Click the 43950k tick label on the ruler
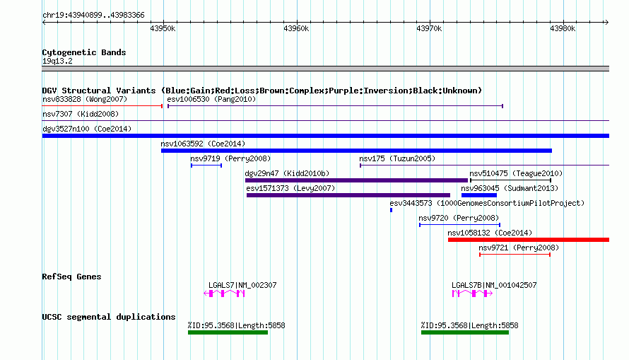163,28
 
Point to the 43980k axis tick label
563,28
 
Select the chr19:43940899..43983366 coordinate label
93,16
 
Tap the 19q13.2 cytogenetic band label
57,61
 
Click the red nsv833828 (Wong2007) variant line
102,106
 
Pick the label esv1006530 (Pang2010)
211,99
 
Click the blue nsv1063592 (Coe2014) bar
357,151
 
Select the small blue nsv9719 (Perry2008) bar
206,166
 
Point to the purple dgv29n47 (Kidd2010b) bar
357,180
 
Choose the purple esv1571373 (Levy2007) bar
348,195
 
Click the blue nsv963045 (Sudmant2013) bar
479,195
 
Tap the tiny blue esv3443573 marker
391,210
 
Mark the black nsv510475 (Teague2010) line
511,180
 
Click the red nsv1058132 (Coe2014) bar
529,240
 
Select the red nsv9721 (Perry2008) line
515,255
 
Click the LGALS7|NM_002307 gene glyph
224,294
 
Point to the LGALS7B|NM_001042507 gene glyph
473,294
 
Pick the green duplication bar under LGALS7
228,332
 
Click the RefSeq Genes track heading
72,277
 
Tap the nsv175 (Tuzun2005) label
397,158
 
